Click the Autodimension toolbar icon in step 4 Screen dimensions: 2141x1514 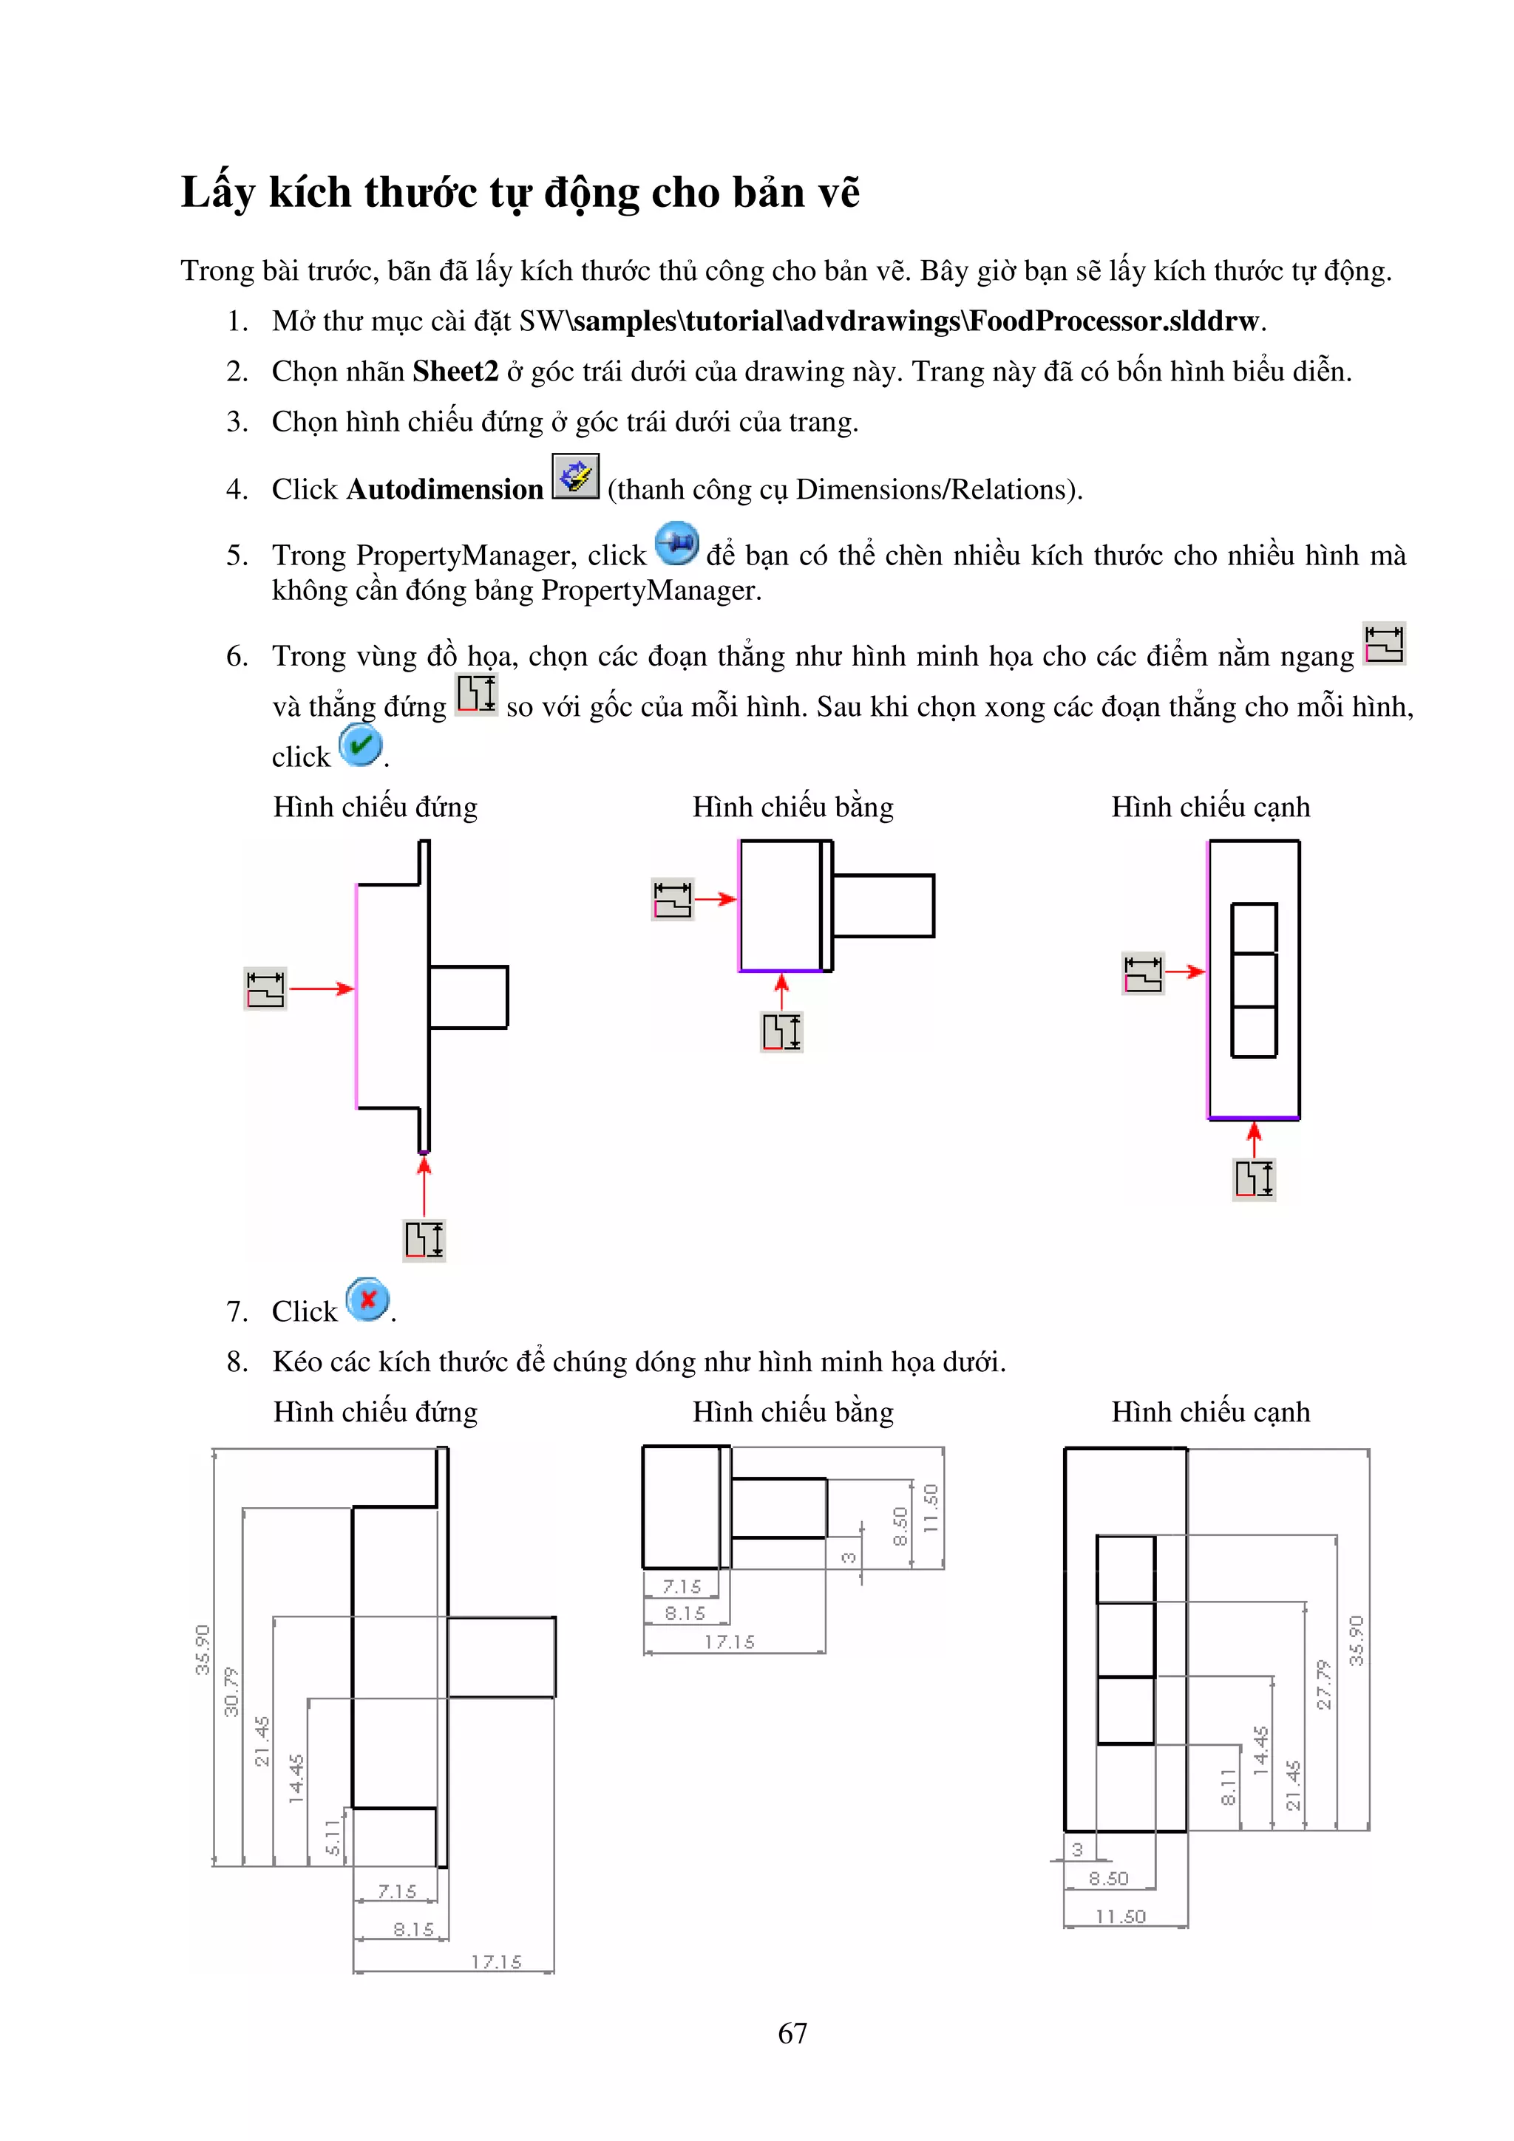click(x=574, y=477)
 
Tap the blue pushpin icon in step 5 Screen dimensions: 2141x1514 click(x=677, y=544)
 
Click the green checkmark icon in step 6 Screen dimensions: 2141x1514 click(x=360, y=745)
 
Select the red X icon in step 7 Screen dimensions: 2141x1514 click(x=367, y=1299)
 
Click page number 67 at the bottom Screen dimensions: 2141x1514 click(x=792, y=2033)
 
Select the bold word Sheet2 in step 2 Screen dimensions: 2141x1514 click(x=455, y=371)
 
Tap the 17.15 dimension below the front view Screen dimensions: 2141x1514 click(x=495, y=1962)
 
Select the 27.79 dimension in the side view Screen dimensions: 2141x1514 click(x=1323, y=1684)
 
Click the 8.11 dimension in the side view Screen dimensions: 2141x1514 click(x=1229, y=1786)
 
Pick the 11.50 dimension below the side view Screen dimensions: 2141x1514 click(x=1119, y=1916)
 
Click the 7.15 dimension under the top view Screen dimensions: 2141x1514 click(x=682, y=1586)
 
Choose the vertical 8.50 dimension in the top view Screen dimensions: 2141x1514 click(x=899, y=1526)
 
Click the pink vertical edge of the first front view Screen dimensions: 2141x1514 click(x=356, y=996)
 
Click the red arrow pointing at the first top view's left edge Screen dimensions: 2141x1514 click(x=716, y=899)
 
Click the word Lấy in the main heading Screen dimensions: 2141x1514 click(x=217, y=193)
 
